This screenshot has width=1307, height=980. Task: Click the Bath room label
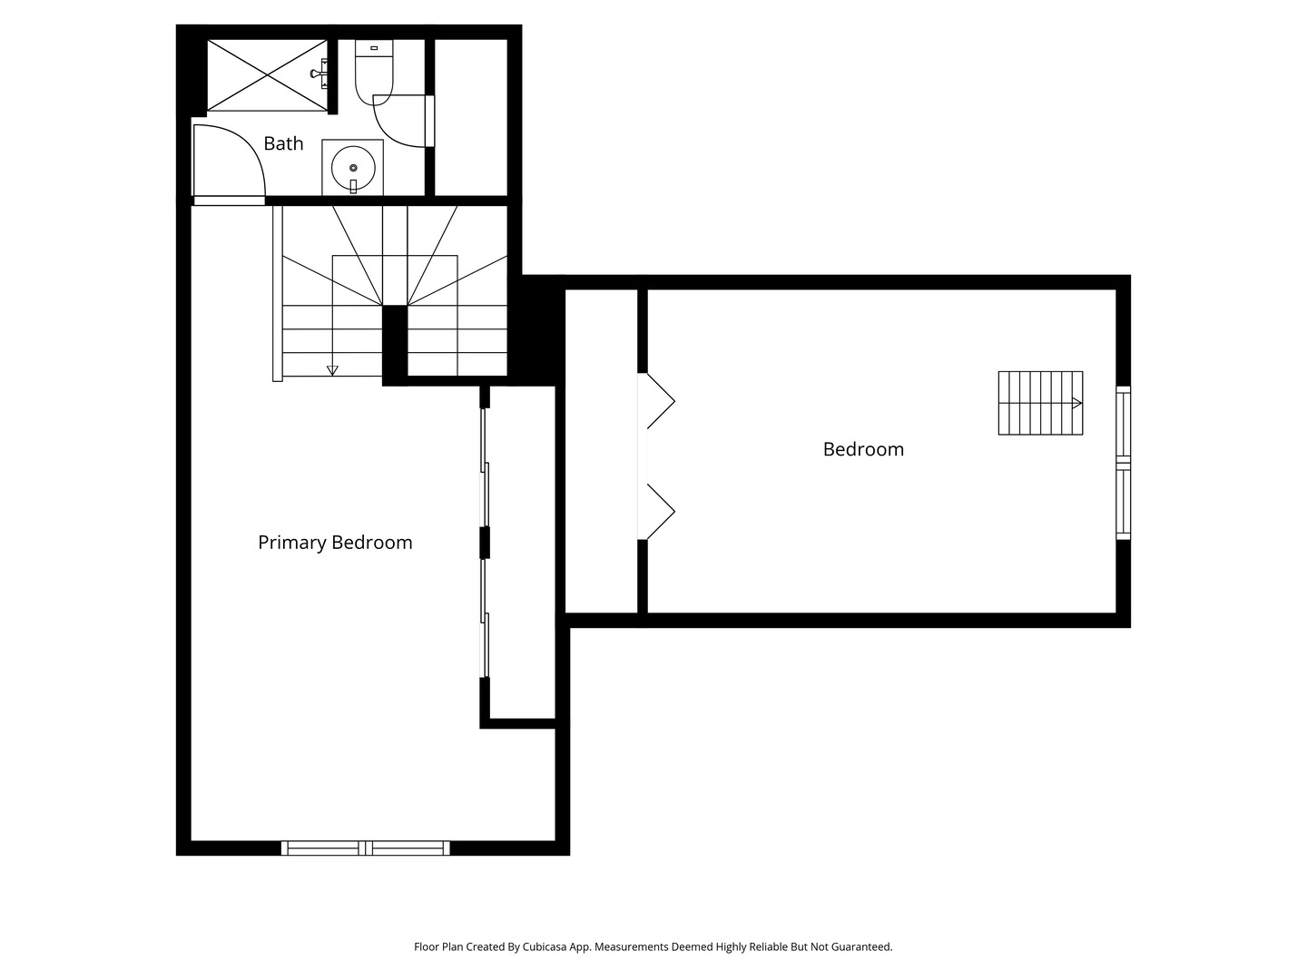(283, 143)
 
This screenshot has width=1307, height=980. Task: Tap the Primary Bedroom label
(335, 543)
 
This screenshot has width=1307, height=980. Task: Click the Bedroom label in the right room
(863, 449)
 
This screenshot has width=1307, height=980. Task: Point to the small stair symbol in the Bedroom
(1040, 403)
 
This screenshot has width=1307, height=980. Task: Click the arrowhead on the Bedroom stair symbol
(1076, 403)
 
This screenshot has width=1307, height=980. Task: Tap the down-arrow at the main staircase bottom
(332, 369)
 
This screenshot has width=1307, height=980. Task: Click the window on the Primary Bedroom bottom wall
(365, 848)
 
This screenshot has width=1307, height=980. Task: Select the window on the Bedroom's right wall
(1123, 463)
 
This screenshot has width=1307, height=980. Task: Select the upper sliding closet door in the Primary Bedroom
(485, 467)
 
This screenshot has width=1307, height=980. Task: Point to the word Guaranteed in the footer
(860, 946)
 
